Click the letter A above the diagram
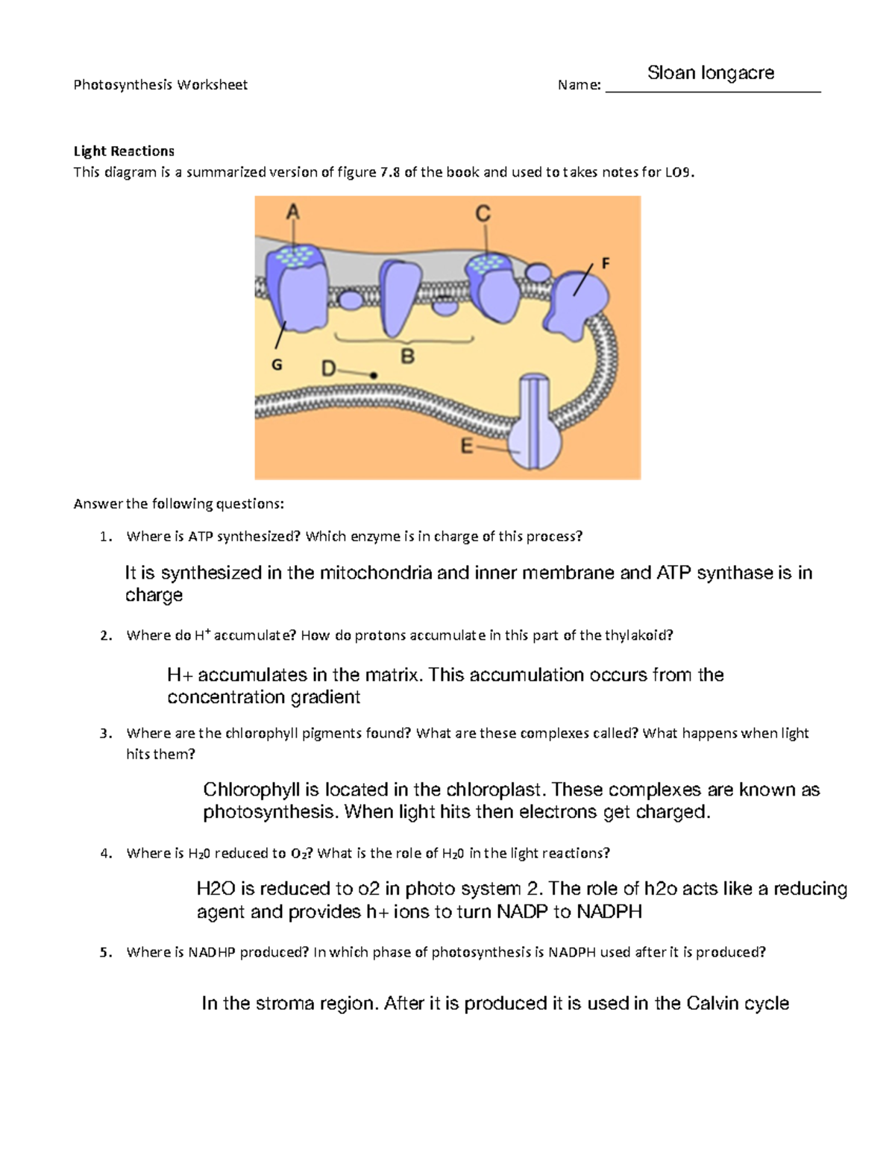pos(293,213)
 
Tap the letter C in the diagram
pos(483,214)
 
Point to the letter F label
pos(606,263)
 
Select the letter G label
pos(277,365)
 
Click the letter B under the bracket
pos(407,356)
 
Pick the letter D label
pos(329,369)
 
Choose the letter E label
pos(467,447)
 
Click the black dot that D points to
pos(374,376)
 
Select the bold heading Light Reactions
pos(124,151)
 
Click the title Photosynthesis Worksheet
pos(160,85)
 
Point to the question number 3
pos(105,733)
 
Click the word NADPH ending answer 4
pos(609,911)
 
